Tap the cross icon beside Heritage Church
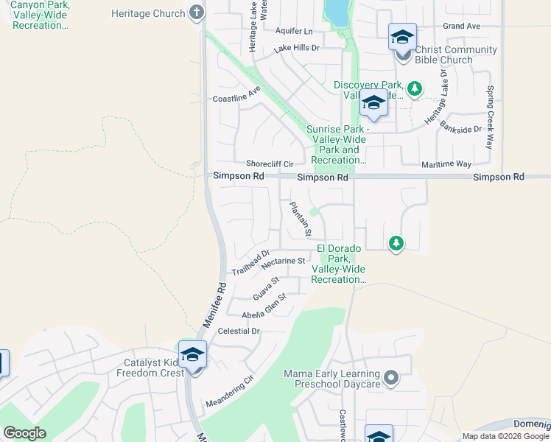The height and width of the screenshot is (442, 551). point(196,13)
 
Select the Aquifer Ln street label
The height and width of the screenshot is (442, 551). point(294,32)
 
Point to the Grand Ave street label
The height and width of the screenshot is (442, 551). point(462,26)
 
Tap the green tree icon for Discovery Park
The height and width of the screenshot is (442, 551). point(415,89)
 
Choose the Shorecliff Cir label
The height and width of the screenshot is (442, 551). point(270,164)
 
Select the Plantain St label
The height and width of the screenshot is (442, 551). point(298,220)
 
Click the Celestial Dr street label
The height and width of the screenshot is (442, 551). point(239,331)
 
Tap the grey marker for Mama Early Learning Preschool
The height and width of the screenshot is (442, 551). point(391,379)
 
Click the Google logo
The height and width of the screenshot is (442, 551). point(24,432)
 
